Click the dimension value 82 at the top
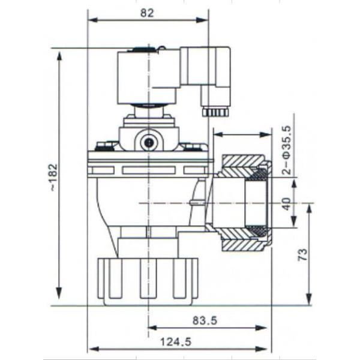click(x=148, y=11)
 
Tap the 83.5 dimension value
click(x=205, y=320)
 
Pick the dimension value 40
click(x=287, y=205)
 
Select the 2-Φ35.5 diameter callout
click(x=286, y=150)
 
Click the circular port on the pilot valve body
click(x=148, y=142)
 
